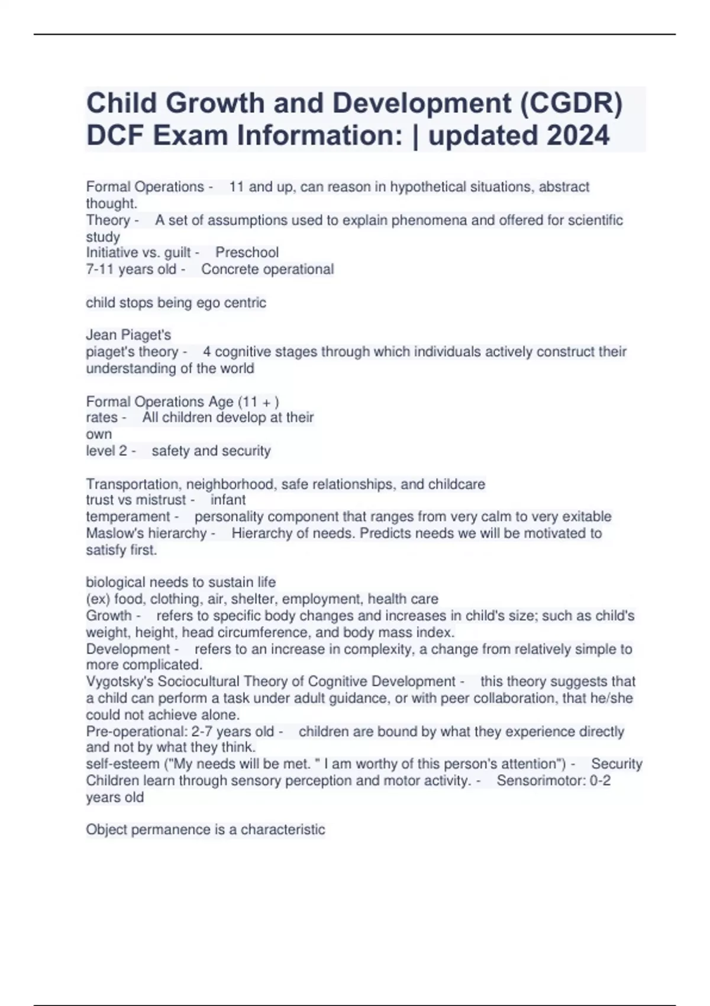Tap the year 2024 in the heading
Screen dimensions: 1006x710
(x=577, y=136)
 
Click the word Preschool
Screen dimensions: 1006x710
(x=247, y=253)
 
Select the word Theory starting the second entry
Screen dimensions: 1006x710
(x=108, y=220)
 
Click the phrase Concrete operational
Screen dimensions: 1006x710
(x=267, y=269)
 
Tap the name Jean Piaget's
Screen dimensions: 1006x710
(x=128, y=335)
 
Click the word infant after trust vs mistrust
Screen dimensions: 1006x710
(x=228, y=500)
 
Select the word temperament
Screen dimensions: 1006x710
(x=128, y=517)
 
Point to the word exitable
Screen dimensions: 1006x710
(x=586, y=517)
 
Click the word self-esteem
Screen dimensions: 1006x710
(x=122, y=764)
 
